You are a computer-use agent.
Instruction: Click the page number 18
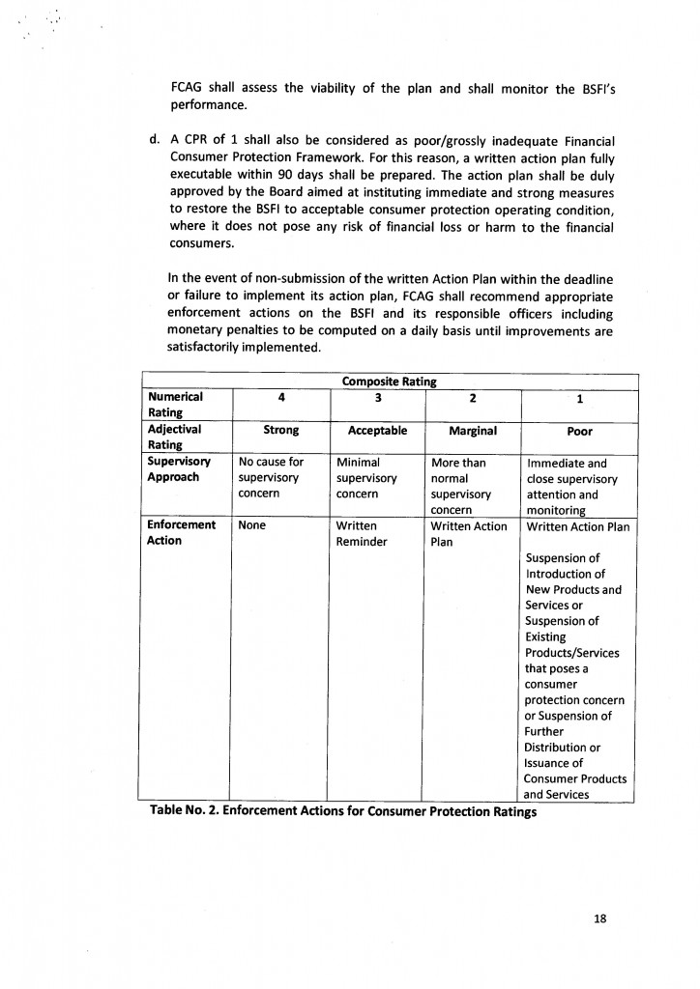point(599,918)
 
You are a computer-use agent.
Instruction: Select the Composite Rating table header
point(389,381)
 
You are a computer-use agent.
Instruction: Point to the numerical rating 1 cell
point(578,398)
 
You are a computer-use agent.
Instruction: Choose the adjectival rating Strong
point(280,430)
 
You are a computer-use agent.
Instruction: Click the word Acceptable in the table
point(377,430)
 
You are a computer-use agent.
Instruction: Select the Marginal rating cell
point(473,430)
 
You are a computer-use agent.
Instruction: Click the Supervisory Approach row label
point(179,469)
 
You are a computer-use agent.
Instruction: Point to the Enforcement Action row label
point(181,533)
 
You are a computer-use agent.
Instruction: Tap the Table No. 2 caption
point(343,811)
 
